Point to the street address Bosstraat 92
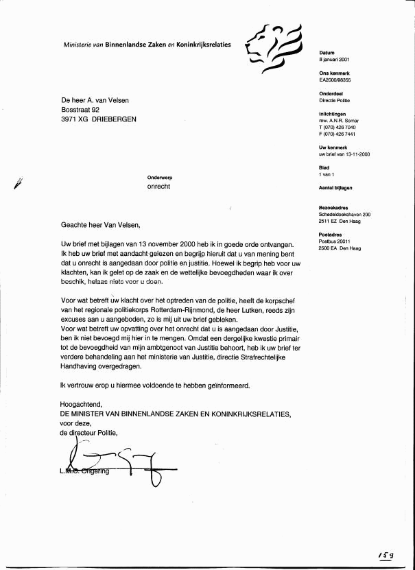click(x=81, y=109)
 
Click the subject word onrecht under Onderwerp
click(x=158, y=187)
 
